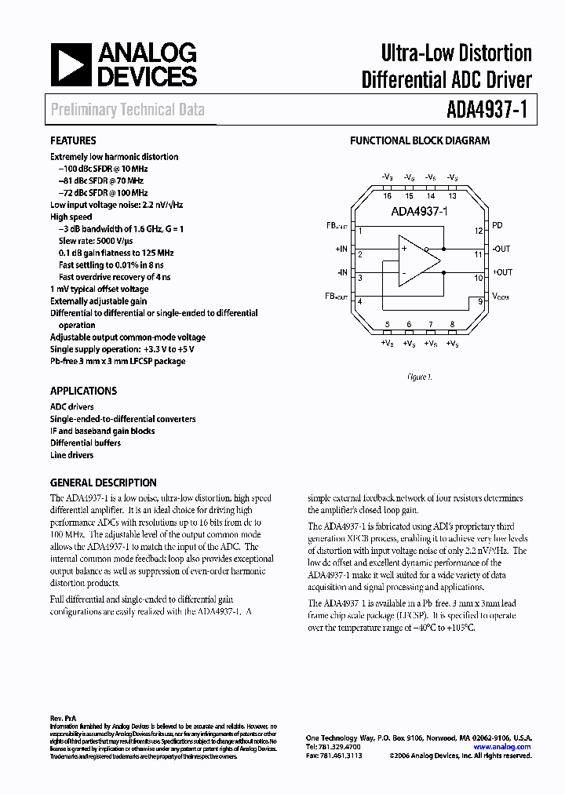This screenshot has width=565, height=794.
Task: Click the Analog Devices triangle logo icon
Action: pos(68,65)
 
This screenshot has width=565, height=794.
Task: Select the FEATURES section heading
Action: pos(74,141)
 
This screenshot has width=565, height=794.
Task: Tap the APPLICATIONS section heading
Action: pos(83,391)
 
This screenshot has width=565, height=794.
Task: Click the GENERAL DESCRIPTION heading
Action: pos(103,483)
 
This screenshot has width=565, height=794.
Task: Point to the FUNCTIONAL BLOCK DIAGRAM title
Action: pos(419,141)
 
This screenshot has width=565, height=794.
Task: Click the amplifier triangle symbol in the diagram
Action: pos(419,261)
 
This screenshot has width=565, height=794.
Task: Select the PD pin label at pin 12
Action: pos(498,226)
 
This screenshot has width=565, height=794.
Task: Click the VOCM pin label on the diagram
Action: pos(500,297)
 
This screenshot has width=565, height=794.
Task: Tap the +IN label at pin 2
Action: pos(341,249)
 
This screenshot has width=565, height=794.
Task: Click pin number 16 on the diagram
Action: pos(387,196)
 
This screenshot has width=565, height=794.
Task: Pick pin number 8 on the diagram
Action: pos(452,325)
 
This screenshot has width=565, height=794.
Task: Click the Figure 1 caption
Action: pos(419,377)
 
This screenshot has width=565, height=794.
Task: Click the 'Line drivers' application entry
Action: pos(71,455)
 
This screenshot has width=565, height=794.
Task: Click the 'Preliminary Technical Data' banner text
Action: pos(127,110)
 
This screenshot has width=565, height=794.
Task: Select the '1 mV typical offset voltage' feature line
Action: pos(99,290)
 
